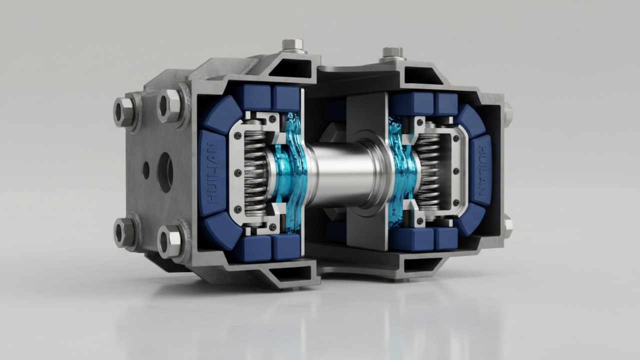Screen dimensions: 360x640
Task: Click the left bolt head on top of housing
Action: [293, 45]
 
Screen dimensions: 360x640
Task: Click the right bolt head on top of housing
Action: [392, 52]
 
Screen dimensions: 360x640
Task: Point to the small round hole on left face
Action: [146, 170]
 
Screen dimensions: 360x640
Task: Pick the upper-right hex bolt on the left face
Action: [170, 105]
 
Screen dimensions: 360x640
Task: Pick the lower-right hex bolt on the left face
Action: [169, 241]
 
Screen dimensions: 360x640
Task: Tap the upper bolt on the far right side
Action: [507, 113]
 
